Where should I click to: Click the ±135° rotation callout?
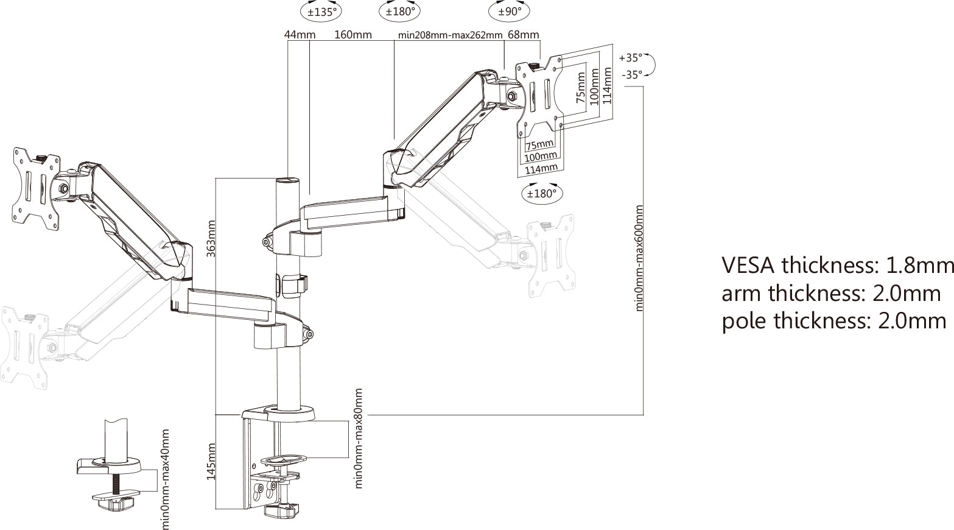[x=321, y=11]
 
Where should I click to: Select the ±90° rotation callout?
[x=509, y=11]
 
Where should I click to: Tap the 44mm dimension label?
[x=300, y=35]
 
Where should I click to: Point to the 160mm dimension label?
[x=353, y=35]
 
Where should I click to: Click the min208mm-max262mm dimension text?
[x=450, y=35]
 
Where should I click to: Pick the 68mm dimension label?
[x=523, y=35]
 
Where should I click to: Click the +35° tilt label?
[x=631, y=58]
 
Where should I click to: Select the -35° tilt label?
[x=632, y=75]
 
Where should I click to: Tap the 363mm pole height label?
[x=211, y=238]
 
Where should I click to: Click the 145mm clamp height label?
[x=211, y=461]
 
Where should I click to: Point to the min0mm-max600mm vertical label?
[x=639, y=258]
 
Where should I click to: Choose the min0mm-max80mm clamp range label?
[x=359, y=439]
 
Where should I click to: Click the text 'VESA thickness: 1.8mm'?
[x=837, y=266]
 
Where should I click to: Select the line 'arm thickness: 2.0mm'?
[x=831, y=294]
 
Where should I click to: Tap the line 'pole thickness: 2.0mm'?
[x=833, y=321]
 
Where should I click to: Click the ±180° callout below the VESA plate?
[x=542, y=194]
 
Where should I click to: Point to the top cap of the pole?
[x=289, y=181]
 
